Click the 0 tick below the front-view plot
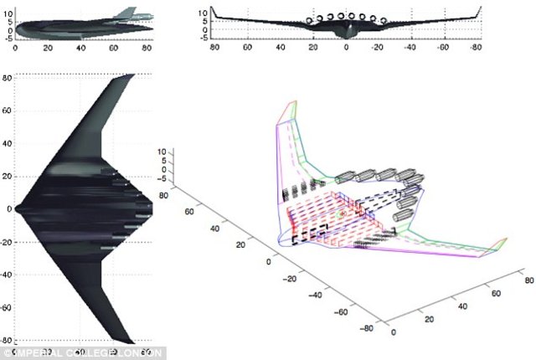tap(345, 48)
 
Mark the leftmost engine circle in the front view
tap(311, 18)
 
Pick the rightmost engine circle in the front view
tap(381, 18)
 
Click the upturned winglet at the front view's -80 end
tap(479, 12)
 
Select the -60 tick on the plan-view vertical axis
tap(7, 308)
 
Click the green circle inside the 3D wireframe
tap(341, 216)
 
